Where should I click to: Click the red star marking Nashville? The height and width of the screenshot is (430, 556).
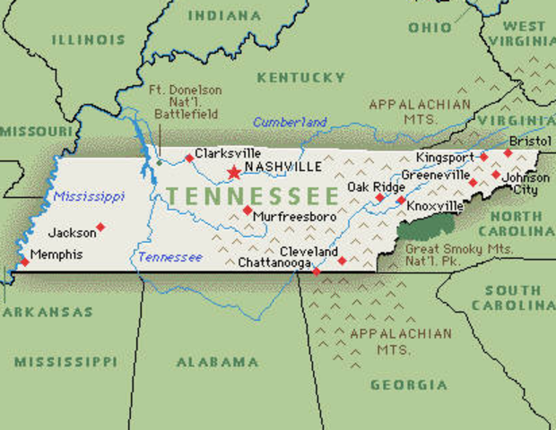234,172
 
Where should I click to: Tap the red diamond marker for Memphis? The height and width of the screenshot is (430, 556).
24,262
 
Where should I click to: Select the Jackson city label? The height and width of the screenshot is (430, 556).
71,233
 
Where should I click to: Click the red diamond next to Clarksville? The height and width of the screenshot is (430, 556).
189,159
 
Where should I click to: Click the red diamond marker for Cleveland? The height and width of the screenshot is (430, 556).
342,261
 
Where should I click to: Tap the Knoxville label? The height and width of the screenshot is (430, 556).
435,206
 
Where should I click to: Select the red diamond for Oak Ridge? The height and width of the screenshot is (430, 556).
379,197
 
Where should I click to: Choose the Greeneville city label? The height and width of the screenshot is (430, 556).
435,175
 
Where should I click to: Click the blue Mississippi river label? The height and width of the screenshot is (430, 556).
88,196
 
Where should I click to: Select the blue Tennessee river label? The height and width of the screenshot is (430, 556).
169,257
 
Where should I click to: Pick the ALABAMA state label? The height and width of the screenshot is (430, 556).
217,362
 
